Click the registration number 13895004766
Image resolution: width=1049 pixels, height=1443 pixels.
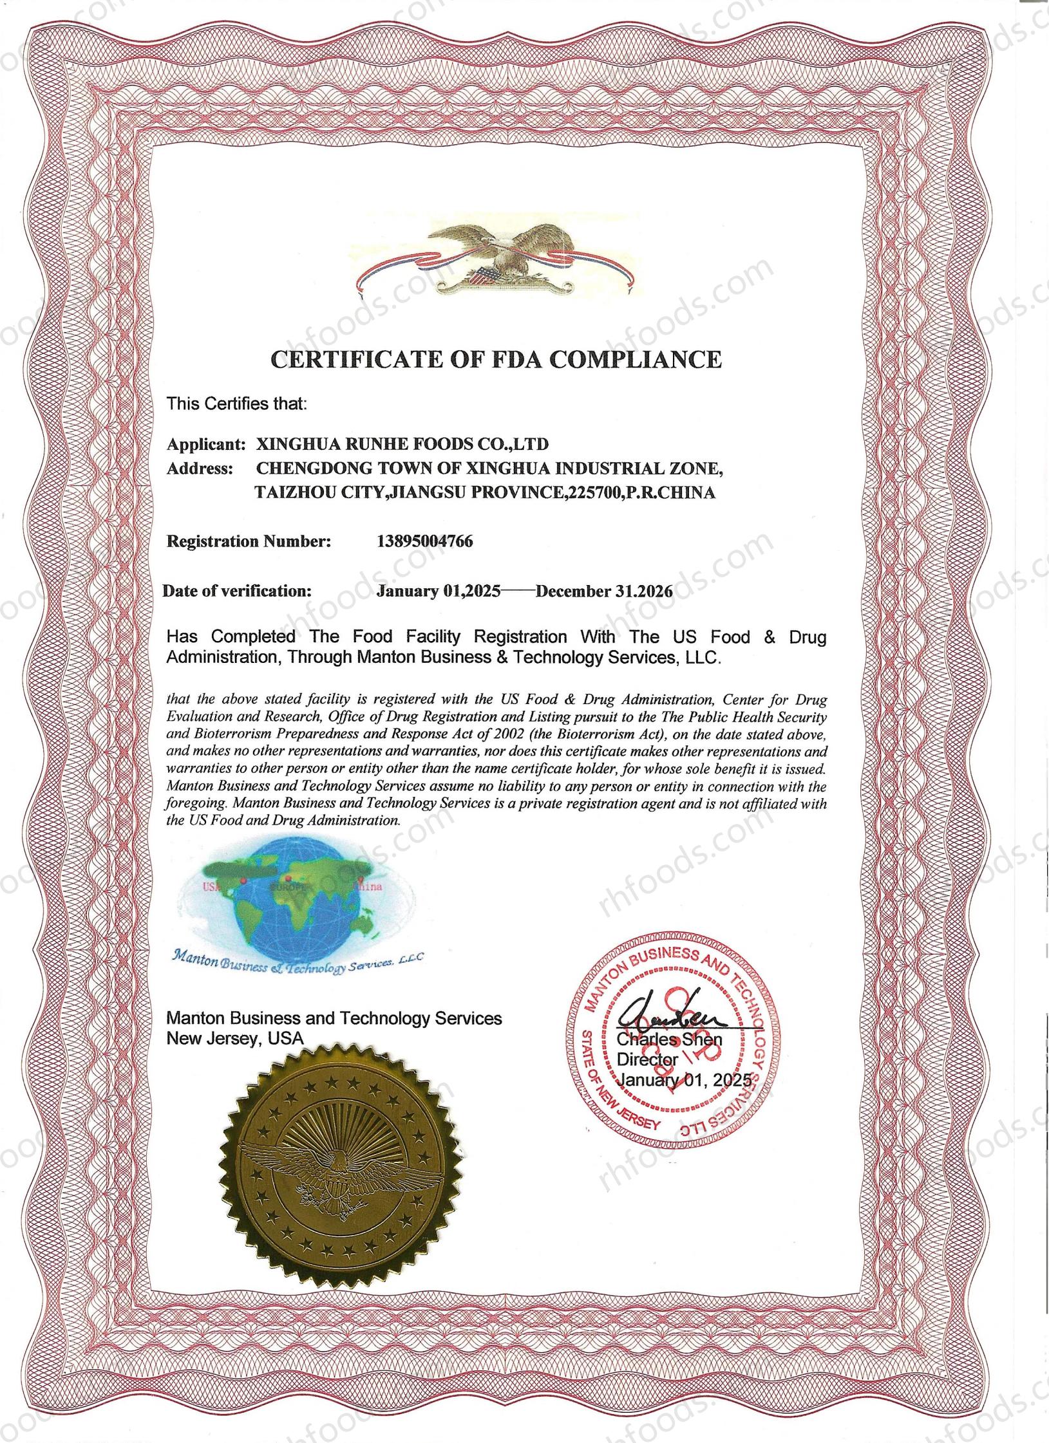(424, 541)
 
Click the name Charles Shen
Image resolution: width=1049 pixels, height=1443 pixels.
(670, 1039)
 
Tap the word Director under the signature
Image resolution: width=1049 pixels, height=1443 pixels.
(648, 1059)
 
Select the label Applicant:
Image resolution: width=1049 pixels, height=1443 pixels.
(207, 444)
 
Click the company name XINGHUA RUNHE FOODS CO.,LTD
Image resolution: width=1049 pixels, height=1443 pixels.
(402, 444)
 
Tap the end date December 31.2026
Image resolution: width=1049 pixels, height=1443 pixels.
(604, 591)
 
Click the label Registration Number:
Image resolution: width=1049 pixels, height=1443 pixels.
(249, 541)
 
